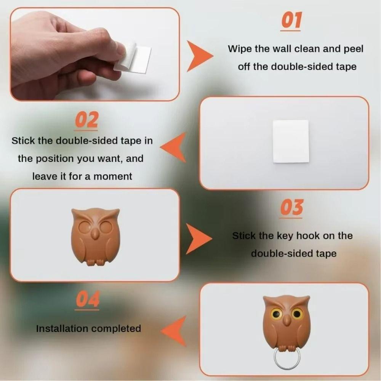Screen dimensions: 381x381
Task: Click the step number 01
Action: click(x=291, y=21)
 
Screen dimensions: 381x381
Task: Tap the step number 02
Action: click(x=86, y=120)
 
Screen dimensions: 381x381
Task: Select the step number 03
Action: click(x=291, y=208)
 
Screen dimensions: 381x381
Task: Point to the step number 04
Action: click(x=88, y=299)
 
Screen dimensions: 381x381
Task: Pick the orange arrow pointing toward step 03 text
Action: click(x=198, y=239)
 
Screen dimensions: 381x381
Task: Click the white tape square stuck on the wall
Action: click(x=291, y=141)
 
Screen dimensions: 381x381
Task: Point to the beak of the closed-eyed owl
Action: click(x=95, y=234)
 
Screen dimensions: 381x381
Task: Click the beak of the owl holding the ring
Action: click(x=286, y=322)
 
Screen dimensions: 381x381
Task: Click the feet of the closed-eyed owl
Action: click(x=95, y=262)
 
